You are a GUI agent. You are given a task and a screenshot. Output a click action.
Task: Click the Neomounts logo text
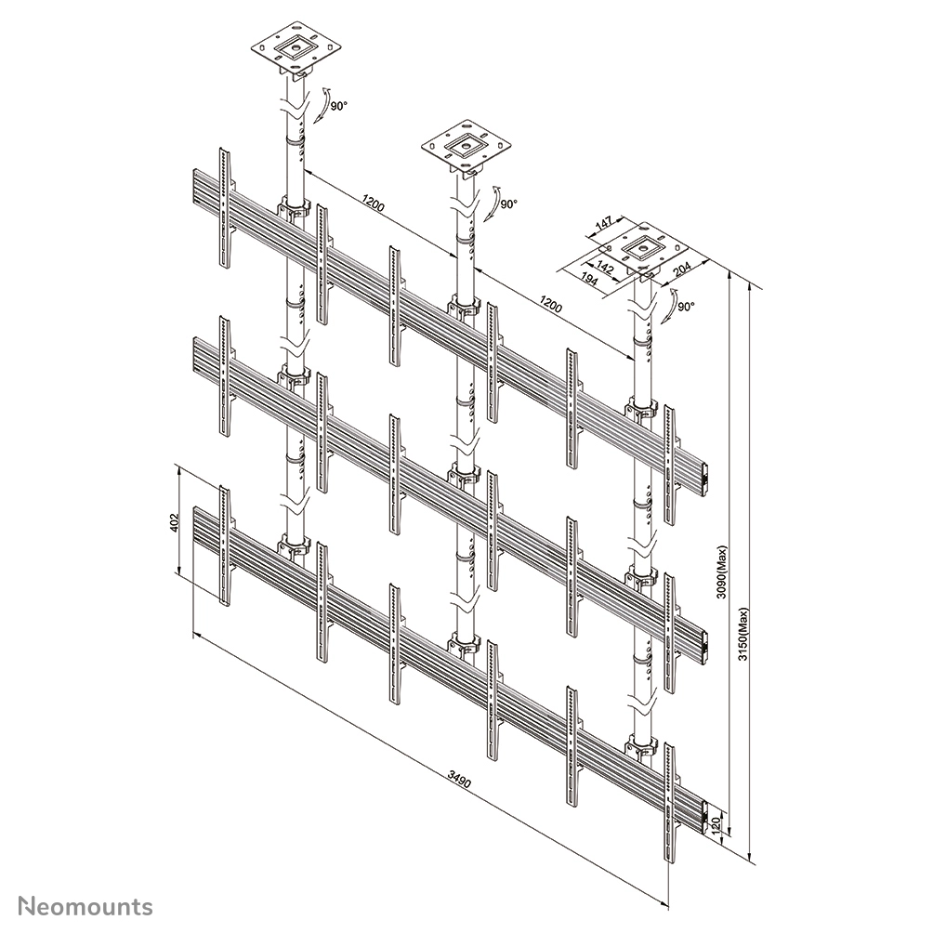(85, 906)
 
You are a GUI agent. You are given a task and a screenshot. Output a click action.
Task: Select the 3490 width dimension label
(459, 780)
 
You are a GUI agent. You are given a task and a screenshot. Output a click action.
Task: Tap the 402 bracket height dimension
(175, 523)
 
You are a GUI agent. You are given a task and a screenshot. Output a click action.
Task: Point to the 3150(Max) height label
(743, 635)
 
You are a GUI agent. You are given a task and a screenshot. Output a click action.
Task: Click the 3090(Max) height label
(722, 572)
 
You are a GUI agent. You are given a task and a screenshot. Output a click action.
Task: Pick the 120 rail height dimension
(716, 824)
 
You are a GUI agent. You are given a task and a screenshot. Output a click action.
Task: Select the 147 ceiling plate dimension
(603, 224)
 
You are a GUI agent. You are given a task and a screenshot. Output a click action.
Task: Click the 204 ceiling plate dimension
(681, 269)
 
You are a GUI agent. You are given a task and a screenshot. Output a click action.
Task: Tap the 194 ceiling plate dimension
(588, 279)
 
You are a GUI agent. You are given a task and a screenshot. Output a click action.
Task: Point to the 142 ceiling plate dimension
(605, 267)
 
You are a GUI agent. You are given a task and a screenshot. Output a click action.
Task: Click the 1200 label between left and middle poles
(373, 204)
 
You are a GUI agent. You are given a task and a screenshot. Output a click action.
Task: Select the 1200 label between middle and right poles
(550, 304)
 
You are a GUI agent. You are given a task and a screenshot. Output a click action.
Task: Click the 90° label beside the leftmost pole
(338, 106)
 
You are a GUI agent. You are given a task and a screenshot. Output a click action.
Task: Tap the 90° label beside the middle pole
(508, 204)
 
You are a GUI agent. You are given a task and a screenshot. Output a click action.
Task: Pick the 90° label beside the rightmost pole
(686, 307)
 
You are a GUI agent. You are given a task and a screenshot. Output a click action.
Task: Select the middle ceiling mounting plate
(466, 146)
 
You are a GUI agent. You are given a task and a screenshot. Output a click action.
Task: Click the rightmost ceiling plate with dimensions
(643, 249)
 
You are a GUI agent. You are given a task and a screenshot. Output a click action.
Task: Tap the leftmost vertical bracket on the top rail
(224, 207)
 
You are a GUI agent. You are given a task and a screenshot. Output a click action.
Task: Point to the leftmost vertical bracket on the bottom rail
(224, 545)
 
